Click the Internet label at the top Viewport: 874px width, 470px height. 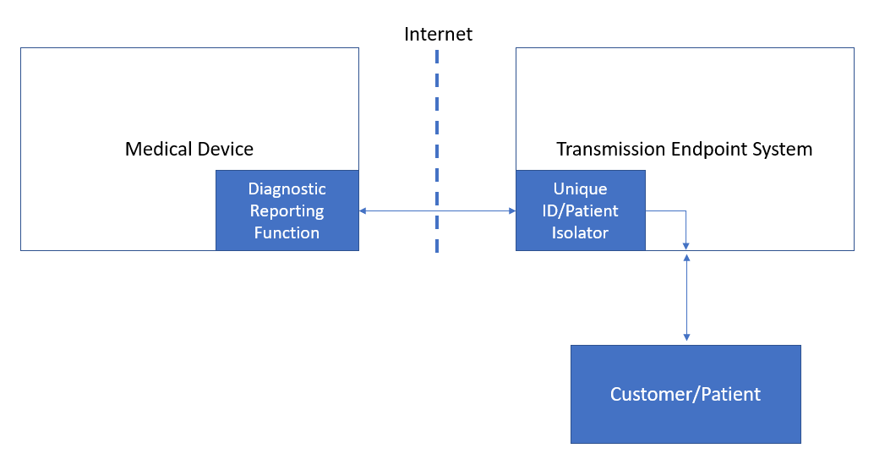(438, 35)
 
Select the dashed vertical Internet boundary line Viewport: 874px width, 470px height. (437, 152)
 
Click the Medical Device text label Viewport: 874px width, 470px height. (189, 150)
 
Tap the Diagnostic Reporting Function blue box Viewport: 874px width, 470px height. (287, 210)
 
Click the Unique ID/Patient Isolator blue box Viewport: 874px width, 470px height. (580, 210)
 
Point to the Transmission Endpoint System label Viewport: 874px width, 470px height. (684, 150)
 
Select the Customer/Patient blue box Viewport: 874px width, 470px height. (686, 394)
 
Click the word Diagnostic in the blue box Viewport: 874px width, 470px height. (287, 189)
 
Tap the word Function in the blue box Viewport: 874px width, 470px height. (287, 232)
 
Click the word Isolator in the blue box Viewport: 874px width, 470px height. (580, 232)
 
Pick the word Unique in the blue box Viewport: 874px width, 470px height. (580, 189)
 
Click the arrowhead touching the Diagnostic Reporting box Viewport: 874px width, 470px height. (363, 210)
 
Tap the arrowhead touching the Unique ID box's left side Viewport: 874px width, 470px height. (511, 210)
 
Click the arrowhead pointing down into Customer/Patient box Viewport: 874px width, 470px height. (686, 337)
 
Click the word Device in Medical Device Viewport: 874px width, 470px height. (224, 150)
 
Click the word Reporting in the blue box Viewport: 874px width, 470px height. (287, 210)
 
